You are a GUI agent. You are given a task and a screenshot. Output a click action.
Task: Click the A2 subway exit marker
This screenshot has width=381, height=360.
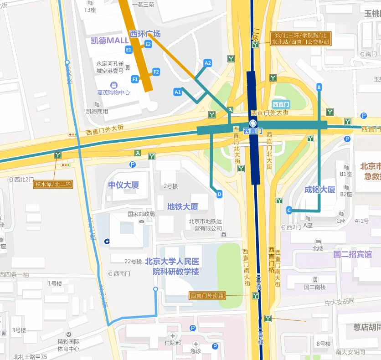[x=208, y=63]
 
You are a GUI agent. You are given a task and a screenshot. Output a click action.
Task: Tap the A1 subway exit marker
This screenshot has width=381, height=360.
[x=178, y=92]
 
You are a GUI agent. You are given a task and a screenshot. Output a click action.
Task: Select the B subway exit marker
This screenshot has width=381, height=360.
[x=319, y=87]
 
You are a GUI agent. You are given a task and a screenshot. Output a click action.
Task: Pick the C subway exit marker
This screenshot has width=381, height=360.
[x=289, y=210]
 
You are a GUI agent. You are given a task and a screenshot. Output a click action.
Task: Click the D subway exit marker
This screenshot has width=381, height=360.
[x=219, y=195]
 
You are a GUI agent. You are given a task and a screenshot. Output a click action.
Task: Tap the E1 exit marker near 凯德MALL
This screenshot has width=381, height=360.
[x=129, y=49]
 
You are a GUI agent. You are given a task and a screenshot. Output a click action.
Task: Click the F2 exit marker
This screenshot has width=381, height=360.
[x=156, y=72]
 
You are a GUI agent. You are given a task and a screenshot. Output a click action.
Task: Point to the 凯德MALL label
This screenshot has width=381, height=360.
[x=110, y=41]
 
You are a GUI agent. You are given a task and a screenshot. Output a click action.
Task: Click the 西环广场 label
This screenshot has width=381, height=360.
[x=145, y=34]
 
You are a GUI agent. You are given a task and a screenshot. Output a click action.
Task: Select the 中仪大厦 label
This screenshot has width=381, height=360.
[x=124, y=185]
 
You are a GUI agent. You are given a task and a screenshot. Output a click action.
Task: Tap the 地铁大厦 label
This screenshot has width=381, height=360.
[x=183, y=207]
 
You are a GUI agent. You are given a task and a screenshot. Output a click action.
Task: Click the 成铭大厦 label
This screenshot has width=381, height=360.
[x=320, y=190]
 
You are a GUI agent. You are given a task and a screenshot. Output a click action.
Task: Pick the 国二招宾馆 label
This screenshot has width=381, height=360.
[x=352, y=254]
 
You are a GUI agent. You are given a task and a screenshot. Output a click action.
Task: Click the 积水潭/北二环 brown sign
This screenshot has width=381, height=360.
[x=53, y=184]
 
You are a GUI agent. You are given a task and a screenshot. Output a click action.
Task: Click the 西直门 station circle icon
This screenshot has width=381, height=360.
[x=253, y=123]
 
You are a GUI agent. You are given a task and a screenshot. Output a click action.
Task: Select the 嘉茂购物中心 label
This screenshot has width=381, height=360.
[x=113, y=92]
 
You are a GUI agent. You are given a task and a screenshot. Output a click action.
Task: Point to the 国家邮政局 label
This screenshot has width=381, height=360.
[x=141, y=214]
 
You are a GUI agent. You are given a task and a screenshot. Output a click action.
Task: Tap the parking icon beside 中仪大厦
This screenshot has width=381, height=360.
[x=133, y=165]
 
